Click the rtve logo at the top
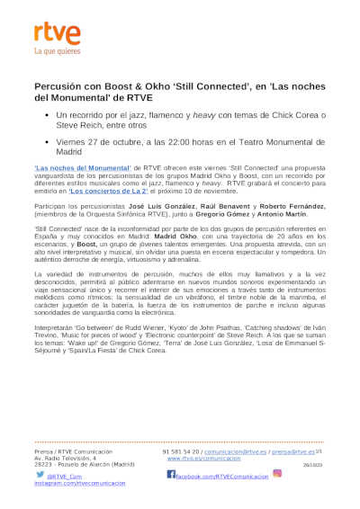[57, 34]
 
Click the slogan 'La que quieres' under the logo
[57, 52]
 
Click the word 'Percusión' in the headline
[60, 83]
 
